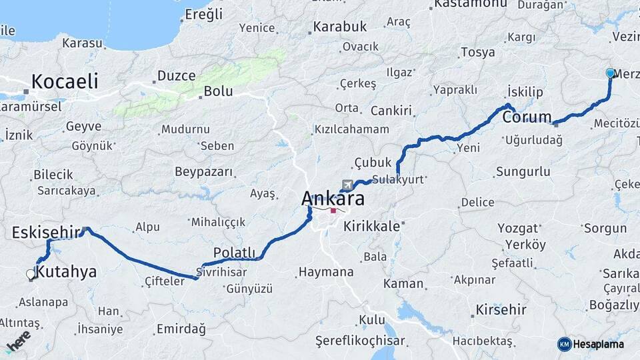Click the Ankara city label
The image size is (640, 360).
(333, 198)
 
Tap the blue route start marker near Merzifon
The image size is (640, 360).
(610, 73)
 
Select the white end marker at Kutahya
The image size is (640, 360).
(30, 274)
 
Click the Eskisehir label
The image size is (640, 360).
(46, 233)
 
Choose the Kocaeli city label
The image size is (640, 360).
(65, 82)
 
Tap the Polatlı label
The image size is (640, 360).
(234, 252)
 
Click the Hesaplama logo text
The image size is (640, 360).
(598, 344)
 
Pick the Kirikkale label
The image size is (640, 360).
(371, 226)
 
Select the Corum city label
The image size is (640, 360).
(527, 118)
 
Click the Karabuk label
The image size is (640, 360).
(340, 27)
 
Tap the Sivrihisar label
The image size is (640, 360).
(222, 272)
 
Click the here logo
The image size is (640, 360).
(18, 341)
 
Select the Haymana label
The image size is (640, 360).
(326, 272)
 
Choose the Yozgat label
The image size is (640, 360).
(517, 228)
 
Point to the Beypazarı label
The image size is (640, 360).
(204, 172)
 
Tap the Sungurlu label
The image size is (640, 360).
(523, 172)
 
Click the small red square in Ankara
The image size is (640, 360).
(333, 210)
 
